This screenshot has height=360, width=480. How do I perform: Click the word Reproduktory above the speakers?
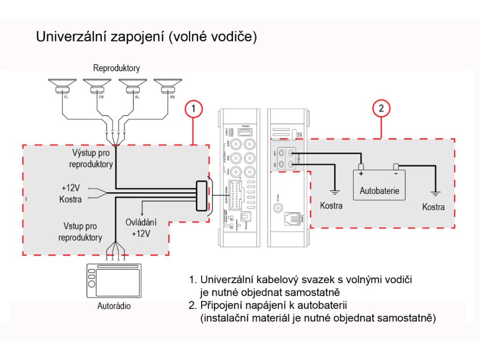click(x=116, y=68)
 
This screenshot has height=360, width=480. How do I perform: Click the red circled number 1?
click(x=194, y=109)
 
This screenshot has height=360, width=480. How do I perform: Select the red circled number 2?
click(x=381, y=109)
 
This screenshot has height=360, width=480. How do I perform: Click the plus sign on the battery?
click(x=361, y=174)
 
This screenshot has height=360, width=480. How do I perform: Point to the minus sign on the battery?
click(x=397, y=174)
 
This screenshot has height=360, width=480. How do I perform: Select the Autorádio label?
click(x=114, y=307)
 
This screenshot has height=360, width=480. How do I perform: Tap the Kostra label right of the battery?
click(x=434, y=207)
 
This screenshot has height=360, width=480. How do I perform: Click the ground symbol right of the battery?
click(x=435, y=193)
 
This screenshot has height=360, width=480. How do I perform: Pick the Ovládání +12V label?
click(x=140, y=227)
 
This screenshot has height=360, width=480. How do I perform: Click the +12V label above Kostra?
click(x=71, y=188)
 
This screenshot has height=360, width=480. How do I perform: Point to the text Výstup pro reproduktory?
click(x=91, y=158)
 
